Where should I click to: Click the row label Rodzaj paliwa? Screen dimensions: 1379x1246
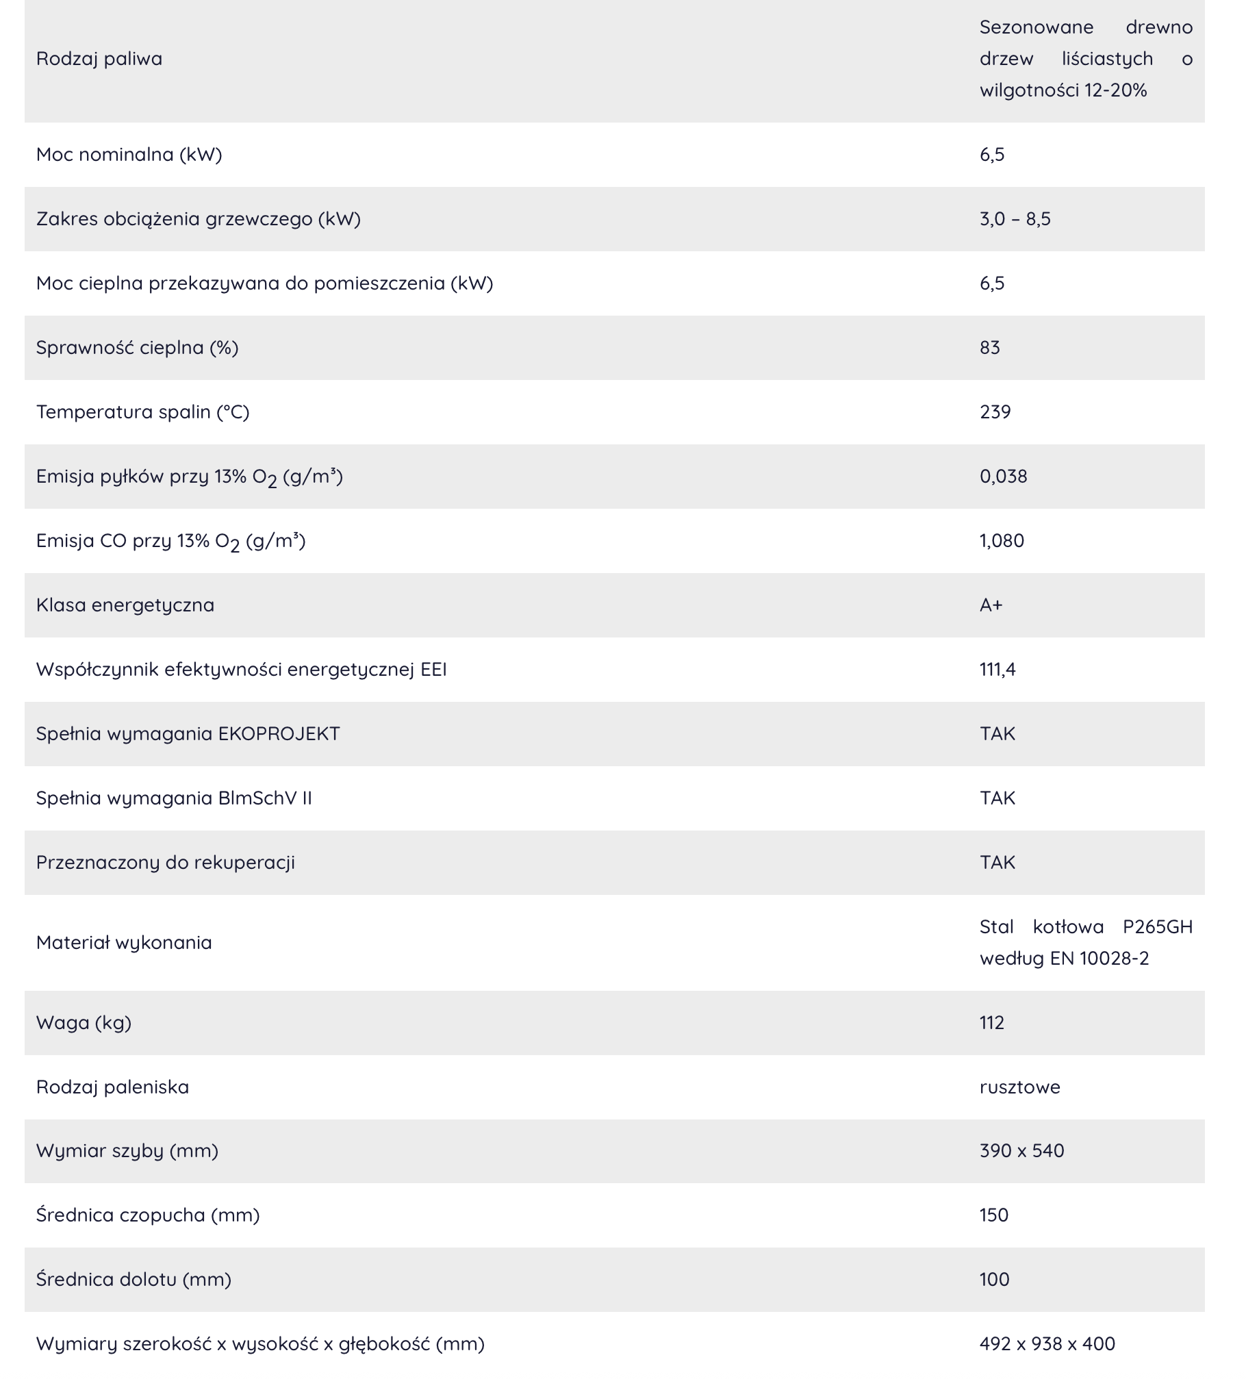tap(99, 59)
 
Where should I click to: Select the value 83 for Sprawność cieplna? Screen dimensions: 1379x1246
tap(989, 348)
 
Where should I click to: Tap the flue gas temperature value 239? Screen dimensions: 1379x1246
tap(995, 412)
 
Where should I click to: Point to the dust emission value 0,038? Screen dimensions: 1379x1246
tap(1003, 477)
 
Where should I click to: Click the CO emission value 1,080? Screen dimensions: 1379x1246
tap(1002, 541)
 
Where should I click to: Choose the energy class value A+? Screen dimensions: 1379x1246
tap(991, 605)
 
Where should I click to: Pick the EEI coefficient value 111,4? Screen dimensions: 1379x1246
tap(997, 670)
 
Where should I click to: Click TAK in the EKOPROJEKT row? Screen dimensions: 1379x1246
tap(997, 734)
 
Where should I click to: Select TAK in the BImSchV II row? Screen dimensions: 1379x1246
tap(997, 798)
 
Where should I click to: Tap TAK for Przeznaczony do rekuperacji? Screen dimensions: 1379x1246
tap(997, 863)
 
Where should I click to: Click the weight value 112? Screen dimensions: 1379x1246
tap(991, 1023)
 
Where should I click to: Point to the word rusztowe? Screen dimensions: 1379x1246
tap(1019, 1087)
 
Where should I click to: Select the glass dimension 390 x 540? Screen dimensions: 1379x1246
tap(1021, 1151)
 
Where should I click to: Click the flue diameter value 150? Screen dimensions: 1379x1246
tap(993, 1215)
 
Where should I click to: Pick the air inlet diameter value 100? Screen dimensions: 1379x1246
tap(994, 1280)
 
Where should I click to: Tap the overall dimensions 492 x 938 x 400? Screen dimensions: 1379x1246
tap(1047, 1344)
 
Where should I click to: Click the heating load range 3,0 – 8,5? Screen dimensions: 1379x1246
tap(1015, 219)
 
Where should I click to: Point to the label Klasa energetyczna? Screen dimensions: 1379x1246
tap(125, 605)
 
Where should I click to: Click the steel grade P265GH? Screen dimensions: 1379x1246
tap(1157, 927)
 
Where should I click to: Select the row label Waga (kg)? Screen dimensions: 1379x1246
tap(84, 1023)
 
